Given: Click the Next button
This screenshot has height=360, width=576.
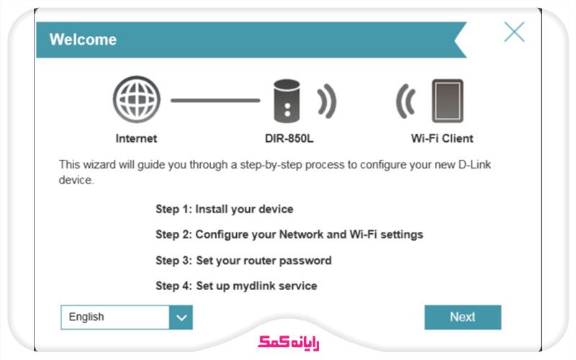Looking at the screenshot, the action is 462,317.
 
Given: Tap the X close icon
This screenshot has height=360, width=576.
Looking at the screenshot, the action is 514,32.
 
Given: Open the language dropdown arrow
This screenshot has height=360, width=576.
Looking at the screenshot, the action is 181,318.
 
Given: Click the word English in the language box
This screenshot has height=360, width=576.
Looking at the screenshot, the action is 86,317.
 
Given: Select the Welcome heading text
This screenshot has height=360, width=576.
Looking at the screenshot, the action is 83,40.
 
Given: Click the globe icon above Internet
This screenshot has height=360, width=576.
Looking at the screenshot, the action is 137,99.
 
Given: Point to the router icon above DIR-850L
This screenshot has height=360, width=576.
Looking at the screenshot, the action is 287,101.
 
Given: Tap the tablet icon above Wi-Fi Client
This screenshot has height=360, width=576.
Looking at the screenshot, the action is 447,101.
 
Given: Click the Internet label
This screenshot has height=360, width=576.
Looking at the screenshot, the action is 136,138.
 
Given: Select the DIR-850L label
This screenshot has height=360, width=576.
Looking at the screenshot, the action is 289,138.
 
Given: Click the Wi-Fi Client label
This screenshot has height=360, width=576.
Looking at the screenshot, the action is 442,138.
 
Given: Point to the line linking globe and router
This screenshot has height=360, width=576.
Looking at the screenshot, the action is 215,100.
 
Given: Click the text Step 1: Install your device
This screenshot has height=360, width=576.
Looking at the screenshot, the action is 225,210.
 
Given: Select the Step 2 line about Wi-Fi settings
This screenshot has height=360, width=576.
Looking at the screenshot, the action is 289,235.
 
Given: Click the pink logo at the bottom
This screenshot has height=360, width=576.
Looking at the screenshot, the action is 289,343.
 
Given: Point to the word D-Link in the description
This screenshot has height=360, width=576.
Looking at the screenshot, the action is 474,165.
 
